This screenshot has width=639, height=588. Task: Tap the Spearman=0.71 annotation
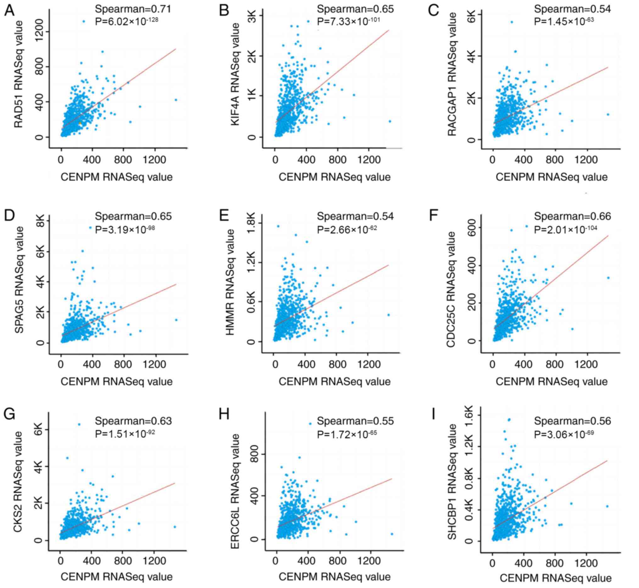pos(133,9)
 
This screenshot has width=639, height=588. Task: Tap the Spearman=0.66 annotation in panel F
pos(572,216)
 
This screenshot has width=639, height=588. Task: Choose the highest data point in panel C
pos(512,22)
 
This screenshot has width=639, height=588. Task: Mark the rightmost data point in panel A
pos(176,100)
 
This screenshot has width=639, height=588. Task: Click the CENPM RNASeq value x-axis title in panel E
pos(334,382)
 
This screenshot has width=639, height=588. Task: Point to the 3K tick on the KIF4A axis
pos(253,16)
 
